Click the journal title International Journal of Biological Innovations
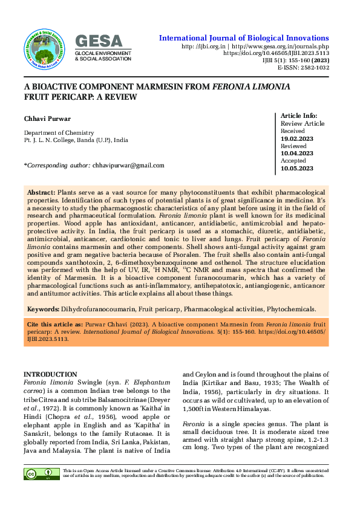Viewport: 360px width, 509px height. click(244, 38)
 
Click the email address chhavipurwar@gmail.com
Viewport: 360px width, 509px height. click(128, 165)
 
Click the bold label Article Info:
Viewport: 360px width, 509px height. click(299, 115)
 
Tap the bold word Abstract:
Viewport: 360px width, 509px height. click(41, 191)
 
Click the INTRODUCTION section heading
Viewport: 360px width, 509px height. click(50, 375)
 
